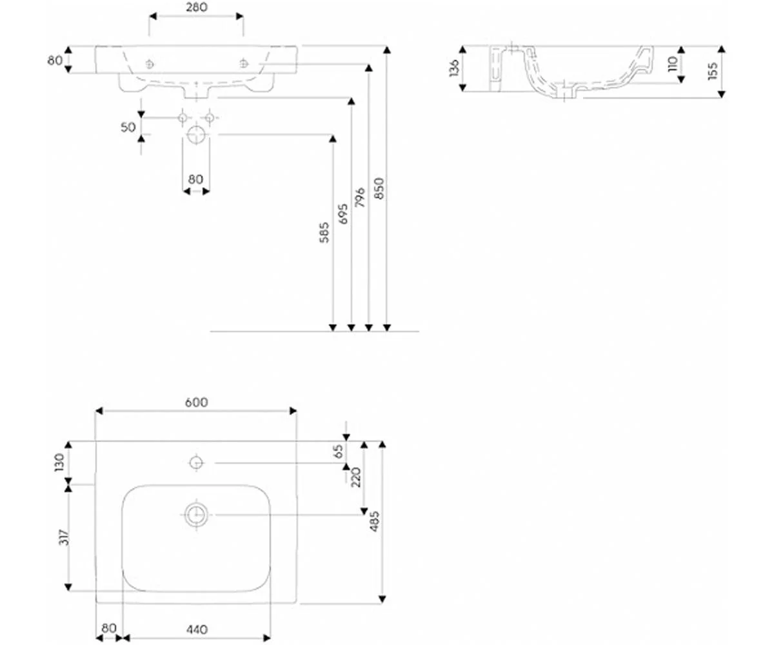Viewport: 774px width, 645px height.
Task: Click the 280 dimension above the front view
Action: (197, 7)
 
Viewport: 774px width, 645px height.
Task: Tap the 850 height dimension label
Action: (379, 188)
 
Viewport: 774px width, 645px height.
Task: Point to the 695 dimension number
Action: (343, 214)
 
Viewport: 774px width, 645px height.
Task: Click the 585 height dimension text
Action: (324, 232)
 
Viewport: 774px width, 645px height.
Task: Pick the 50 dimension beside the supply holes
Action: (128, 127)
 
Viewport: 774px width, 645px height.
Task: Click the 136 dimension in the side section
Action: (454, 68)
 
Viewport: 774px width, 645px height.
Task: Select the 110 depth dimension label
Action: (673, 64)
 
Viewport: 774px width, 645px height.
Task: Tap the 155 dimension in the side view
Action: (713, 71)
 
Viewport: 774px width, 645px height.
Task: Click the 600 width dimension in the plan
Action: (197, 402)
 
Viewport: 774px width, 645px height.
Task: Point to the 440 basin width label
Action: (197, 629)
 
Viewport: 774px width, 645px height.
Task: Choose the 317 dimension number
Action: (64, 537)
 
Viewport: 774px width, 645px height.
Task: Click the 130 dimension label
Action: (59, 462)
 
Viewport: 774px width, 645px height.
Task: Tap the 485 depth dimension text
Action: (374, 521)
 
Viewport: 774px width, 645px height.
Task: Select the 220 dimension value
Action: (355, 477)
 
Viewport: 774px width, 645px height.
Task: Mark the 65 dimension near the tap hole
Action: (339, 451)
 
